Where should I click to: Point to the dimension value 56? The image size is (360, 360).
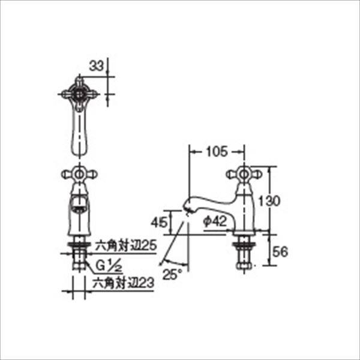click(x=280, y=252)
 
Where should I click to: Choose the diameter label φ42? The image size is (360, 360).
click(x=214, y=221)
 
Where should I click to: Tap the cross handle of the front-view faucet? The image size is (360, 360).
click(x=77, y=175)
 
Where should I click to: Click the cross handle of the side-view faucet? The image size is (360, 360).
click(x=244, y=175)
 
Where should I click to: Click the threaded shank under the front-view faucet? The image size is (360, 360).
click(x=77, y=255)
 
